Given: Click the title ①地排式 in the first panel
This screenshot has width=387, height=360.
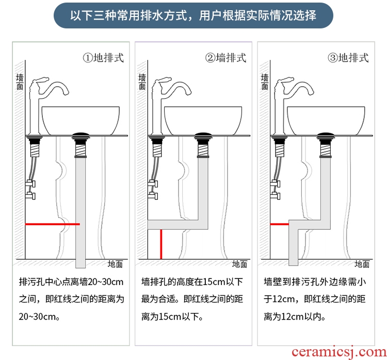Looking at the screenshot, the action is [x=103, y=58].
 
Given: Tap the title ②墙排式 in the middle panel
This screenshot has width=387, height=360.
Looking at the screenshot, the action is [x=225, y=58].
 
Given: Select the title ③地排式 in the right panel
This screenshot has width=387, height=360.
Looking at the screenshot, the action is [x=348, y=58].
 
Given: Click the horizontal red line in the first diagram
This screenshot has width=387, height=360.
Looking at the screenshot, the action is [x=53, y=224].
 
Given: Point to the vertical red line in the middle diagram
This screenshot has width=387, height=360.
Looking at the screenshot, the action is [x=161, y=244].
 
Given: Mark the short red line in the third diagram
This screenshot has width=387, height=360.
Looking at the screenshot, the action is [x=280, y=224].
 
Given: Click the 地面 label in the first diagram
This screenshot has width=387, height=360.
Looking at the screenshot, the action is [x=115, y=264].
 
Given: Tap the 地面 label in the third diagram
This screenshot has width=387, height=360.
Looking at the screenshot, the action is [x=362, y=264].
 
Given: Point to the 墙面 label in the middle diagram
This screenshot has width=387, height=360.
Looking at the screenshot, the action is [x=142, y=82].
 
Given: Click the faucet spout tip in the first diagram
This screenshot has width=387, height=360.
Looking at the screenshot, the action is [x=66, y=92].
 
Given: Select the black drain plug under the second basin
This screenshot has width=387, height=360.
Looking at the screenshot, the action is [x=203, y=135].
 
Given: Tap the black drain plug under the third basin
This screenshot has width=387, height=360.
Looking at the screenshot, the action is [x=326, y=135].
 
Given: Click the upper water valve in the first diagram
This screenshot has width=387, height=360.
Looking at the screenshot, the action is [x=30, y=183].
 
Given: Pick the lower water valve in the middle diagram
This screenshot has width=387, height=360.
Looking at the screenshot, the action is [x=153, y=196].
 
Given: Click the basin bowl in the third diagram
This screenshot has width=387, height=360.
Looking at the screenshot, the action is [x=326, y=121].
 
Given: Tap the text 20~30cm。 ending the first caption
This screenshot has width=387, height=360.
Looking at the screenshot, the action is [x=39, y=317].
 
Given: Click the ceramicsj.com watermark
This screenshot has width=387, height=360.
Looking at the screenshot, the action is [x=339, y=352].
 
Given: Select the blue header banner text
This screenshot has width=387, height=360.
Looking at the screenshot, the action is [x=193, y=15].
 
